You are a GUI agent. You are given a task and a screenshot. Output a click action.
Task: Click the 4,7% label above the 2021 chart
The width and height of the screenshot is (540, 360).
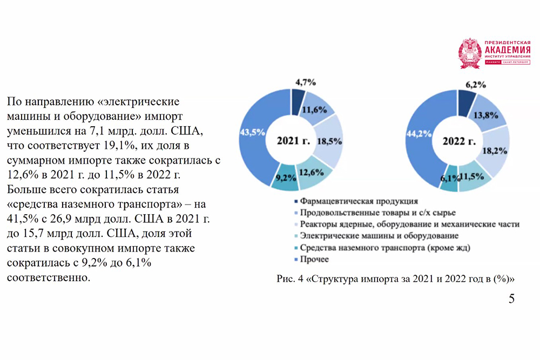(x=305, y=82)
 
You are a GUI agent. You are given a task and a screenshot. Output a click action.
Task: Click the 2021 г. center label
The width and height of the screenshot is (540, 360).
(x=293, y=141)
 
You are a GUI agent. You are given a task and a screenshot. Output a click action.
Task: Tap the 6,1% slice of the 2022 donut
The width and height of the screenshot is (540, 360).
(x=449, y=179)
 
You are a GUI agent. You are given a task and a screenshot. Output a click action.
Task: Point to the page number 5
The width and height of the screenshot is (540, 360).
(x=511, y=299)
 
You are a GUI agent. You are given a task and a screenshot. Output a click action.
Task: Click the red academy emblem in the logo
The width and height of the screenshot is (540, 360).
(x=469, y=53)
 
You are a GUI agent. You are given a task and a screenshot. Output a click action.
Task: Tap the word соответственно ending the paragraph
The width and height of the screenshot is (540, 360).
(x=46, y=279)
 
